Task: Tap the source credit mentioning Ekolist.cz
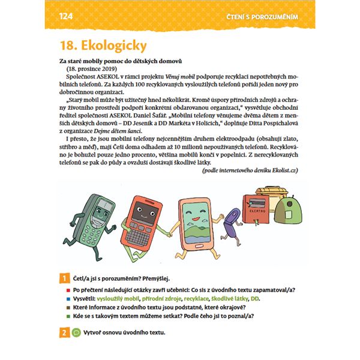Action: coord(250,170)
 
